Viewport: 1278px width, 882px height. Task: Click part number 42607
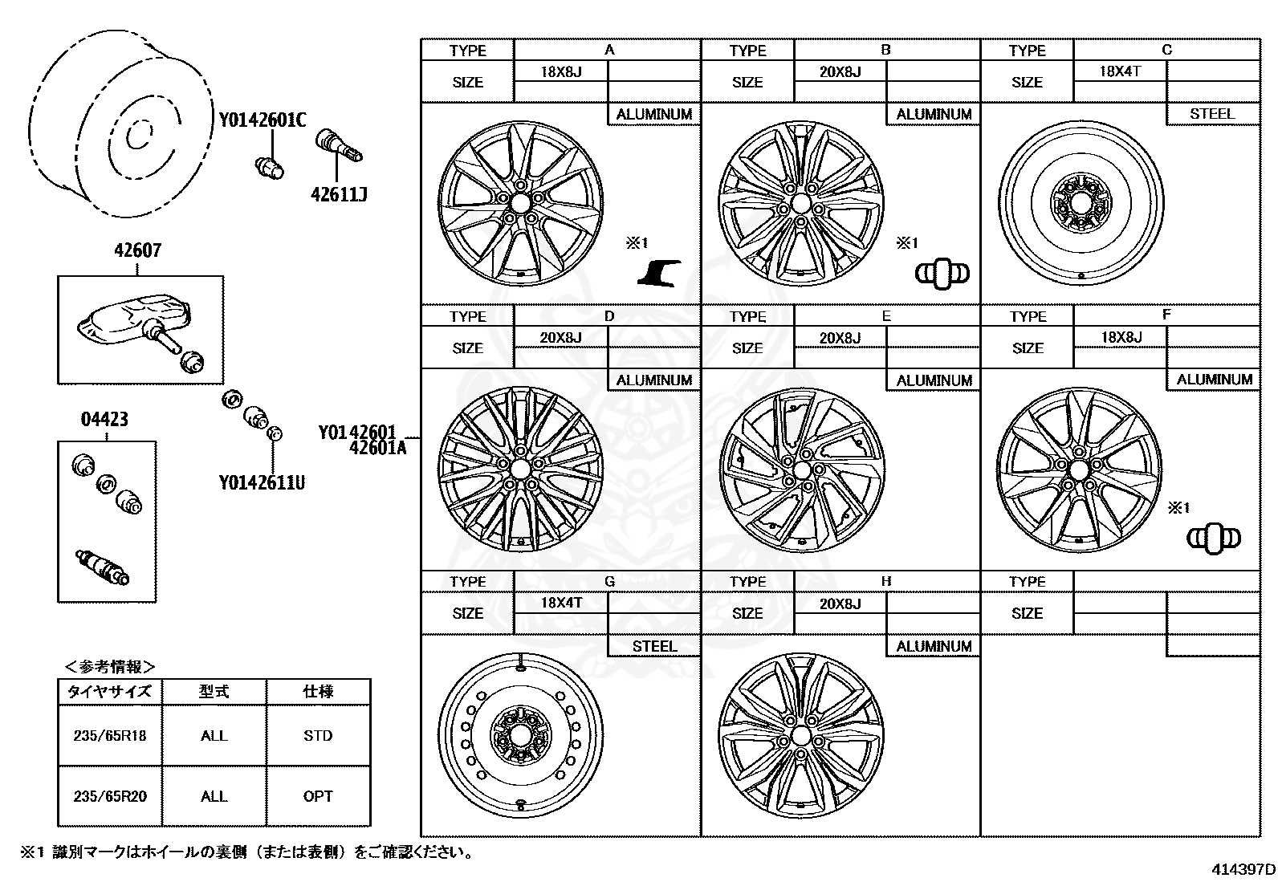(x=137, y=250)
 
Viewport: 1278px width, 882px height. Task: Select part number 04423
(x=104, y=419)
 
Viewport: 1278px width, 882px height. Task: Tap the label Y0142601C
(x=263, y=121)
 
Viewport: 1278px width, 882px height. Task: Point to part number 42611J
(x=339, y=194)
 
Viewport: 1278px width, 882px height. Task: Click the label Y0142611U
(x=262, y=482)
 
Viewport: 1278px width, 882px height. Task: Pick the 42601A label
(x=377, y=449)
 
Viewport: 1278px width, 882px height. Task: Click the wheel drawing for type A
(x=520, y=204)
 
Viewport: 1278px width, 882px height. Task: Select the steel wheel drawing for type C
(x=1081, y=201)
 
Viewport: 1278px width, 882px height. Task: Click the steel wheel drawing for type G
(x=520, y=734)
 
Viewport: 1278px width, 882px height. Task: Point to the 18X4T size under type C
(x=1120, y=71)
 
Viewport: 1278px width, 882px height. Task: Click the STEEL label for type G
(x=654, y=646)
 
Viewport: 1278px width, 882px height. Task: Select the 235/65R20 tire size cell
(x=110, y=796)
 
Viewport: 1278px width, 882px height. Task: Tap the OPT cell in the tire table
(x=318, y=796)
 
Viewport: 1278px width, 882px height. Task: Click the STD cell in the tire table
(x=318, y=735)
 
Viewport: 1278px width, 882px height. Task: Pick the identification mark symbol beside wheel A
(x=660, y=273)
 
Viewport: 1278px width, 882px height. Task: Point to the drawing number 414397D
(x=1243, y=869)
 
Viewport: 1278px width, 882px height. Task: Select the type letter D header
(x=608, y=315)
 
